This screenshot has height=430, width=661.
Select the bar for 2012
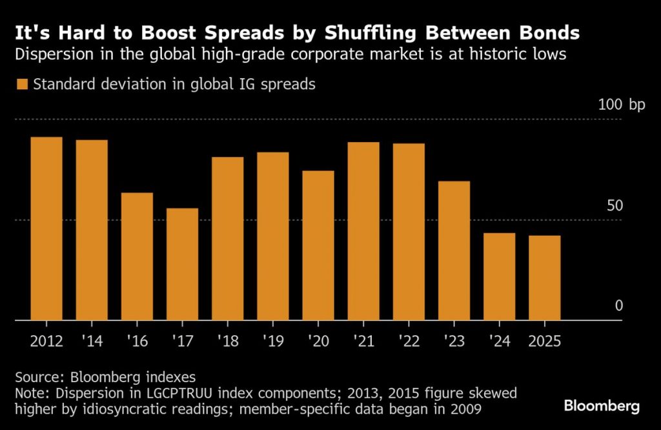46,229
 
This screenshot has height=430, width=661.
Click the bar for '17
182,264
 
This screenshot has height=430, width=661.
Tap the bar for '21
363,231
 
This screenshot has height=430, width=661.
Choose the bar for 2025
544,278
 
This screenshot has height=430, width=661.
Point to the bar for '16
137,256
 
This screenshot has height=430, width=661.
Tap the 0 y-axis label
619,305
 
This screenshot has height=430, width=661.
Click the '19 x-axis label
273,340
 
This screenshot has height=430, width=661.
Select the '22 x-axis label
409,340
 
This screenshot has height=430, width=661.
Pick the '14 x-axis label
92,340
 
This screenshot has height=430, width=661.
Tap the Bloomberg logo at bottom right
602,406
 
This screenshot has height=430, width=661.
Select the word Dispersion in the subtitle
50,54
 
